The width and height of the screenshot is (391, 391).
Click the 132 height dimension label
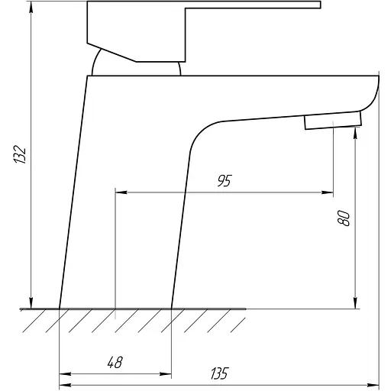(x=20, y=154)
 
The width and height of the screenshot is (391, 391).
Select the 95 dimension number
(x=225, y=180)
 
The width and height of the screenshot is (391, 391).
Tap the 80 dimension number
(x=344, y=218)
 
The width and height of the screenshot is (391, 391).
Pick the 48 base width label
(x=115, y=362)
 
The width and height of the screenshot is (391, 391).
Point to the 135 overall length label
(x=219, y=373)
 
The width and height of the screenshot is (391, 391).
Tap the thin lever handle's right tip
(x=320, y=5)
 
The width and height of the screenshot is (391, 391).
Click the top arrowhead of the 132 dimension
(x=31, y=8)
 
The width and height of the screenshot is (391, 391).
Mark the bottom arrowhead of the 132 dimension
(x=31, y=302)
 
